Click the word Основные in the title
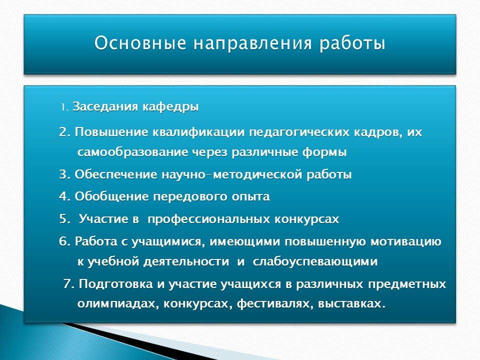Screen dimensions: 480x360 [x=140, y=43]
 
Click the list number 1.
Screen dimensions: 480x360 [x=64, y=107]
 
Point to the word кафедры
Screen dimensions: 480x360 [x=170, y=107]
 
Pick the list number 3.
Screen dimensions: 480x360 [x=65, y=174]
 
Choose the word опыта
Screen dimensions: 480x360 [x=250, y=196]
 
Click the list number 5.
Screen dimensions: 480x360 [x=65, y=219]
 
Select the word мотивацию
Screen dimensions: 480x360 [x=406, y=241]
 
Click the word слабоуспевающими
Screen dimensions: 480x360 [x=315, y=261]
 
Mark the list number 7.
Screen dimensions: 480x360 [x=69, y=284]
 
